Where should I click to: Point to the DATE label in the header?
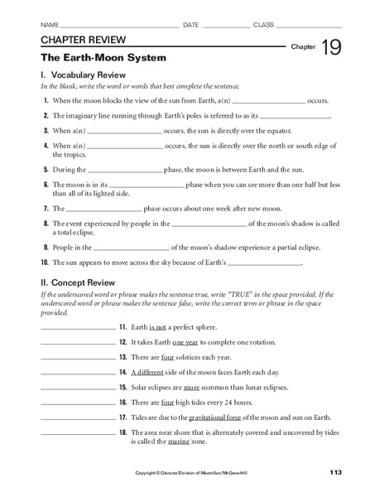pos(191,25)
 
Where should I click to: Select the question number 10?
pos(45,263)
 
